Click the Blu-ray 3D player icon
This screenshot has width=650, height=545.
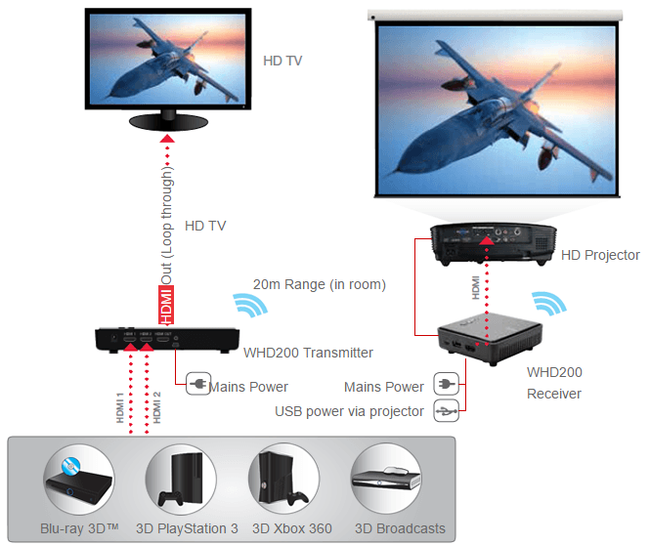[79, 480]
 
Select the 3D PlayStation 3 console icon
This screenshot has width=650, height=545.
[181, 480]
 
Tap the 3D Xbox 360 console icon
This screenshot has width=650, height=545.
[283, 480]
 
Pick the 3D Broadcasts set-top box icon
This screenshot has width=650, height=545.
[386, 480]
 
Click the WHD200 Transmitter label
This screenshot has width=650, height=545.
[308, 353]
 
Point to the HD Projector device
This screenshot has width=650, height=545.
[494, 244]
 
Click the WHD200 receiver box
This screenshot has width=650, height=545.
[490, 338]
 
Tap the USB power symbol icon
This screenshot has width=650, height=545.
[446, 410]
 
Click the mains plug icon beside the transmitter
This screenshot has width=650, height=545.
[197, 384]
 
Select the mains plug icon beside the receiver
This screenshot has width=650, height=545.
[446, 384]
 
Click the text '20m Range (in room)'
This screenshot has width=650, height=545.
[320, 284]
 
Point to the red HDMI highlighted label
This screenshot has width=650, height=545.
[166, 305]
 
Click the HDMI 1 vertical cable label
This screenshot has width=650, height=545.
[120, 408]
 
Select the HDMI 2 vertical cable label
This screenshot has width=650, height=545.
[156, 408]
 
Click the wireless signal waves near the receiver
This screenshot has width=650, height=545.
[550, 303]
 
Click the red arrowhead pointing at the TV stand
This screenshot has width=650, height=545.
[167, 139]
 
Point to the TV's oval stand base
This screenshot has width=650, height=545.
[168, 122]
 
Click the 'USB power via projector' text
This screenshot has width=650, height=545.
[350, 411]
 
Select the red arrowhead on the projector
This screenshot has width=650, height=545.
[487, 240]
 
